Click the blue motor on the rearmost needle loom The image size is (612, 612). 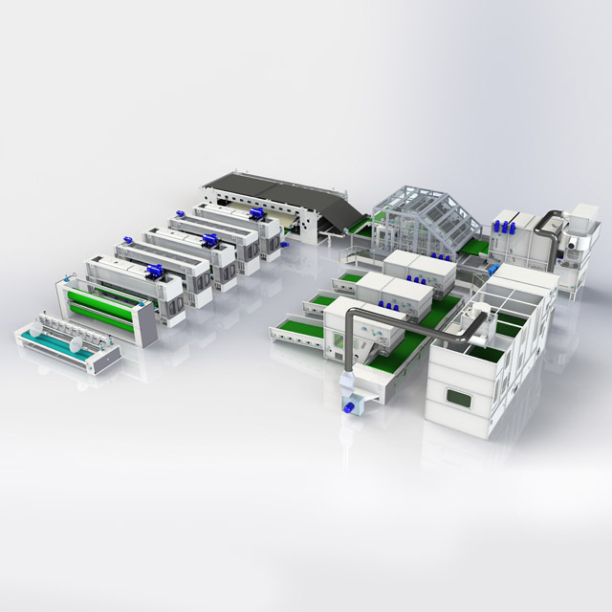257,214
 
